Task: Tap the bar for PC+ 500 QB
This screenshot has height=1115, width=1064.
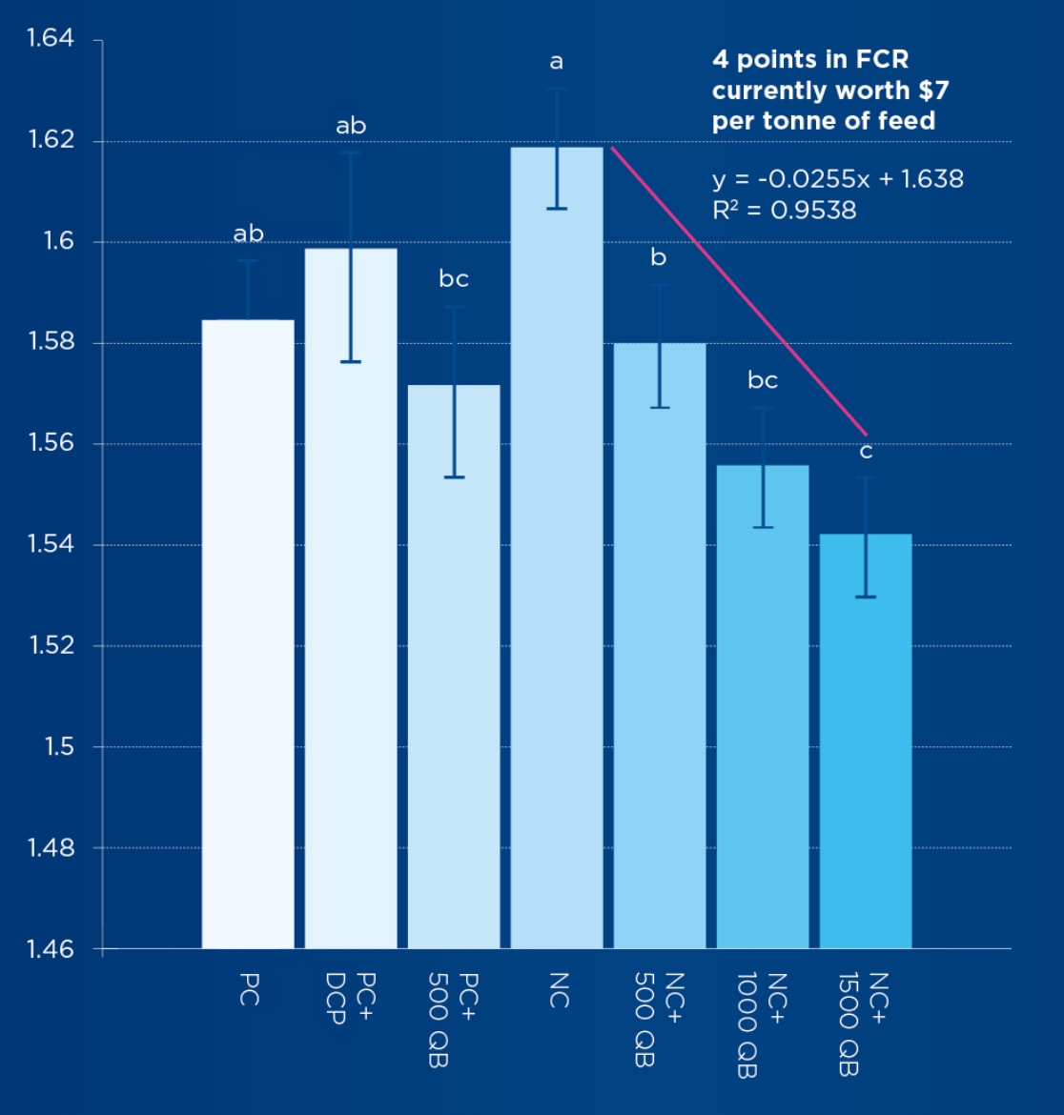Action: (x=454, y=667)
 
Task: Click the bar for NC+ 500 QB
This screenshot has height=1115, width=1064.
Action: (x=660, y=648)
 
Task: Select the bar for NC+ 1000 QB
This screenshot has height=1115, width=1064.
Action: (x=763, y=705)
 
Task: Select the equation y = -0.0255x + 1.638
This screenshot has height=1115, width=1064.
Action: (x=837, y=179)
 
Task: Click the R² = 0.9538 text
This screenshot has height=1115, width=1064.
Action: (x=784, y=210)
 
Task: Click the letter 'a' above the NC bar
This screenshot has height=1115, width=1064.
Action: (x=557, y=63)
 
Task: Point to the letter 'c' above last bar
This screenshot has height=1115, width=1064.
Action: (x=866, y=452)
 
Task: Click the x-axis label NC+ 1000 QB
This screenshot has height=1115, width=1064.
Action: (x=761, y=1024)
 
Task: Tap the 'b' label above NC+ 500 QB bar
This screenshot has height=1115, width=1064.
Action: (x=659, y=257)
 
